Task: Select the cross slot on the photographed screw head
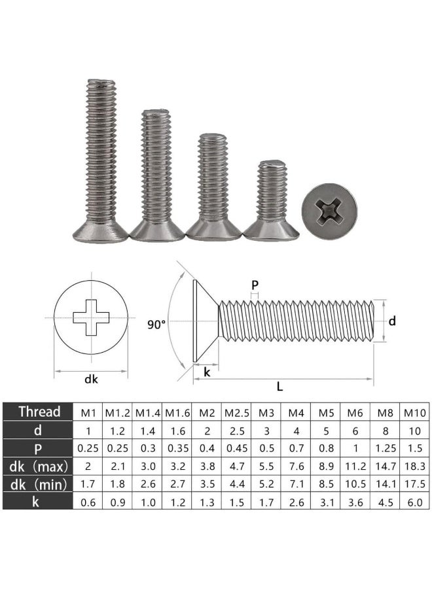coord(329,212)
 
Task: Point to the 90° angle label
coord(156,323)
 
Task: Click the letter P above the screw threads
coord(255,285)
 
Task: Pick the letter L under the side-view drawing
coord(280,386)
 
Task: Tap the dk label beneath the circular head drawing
coord(82,378)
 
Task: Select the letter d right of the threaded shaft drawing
coord(392,321)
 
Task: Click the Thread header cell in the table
coord(39,412)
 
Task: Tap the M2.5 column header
coord(236,412)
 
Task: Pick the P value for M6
coord(355,448)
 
